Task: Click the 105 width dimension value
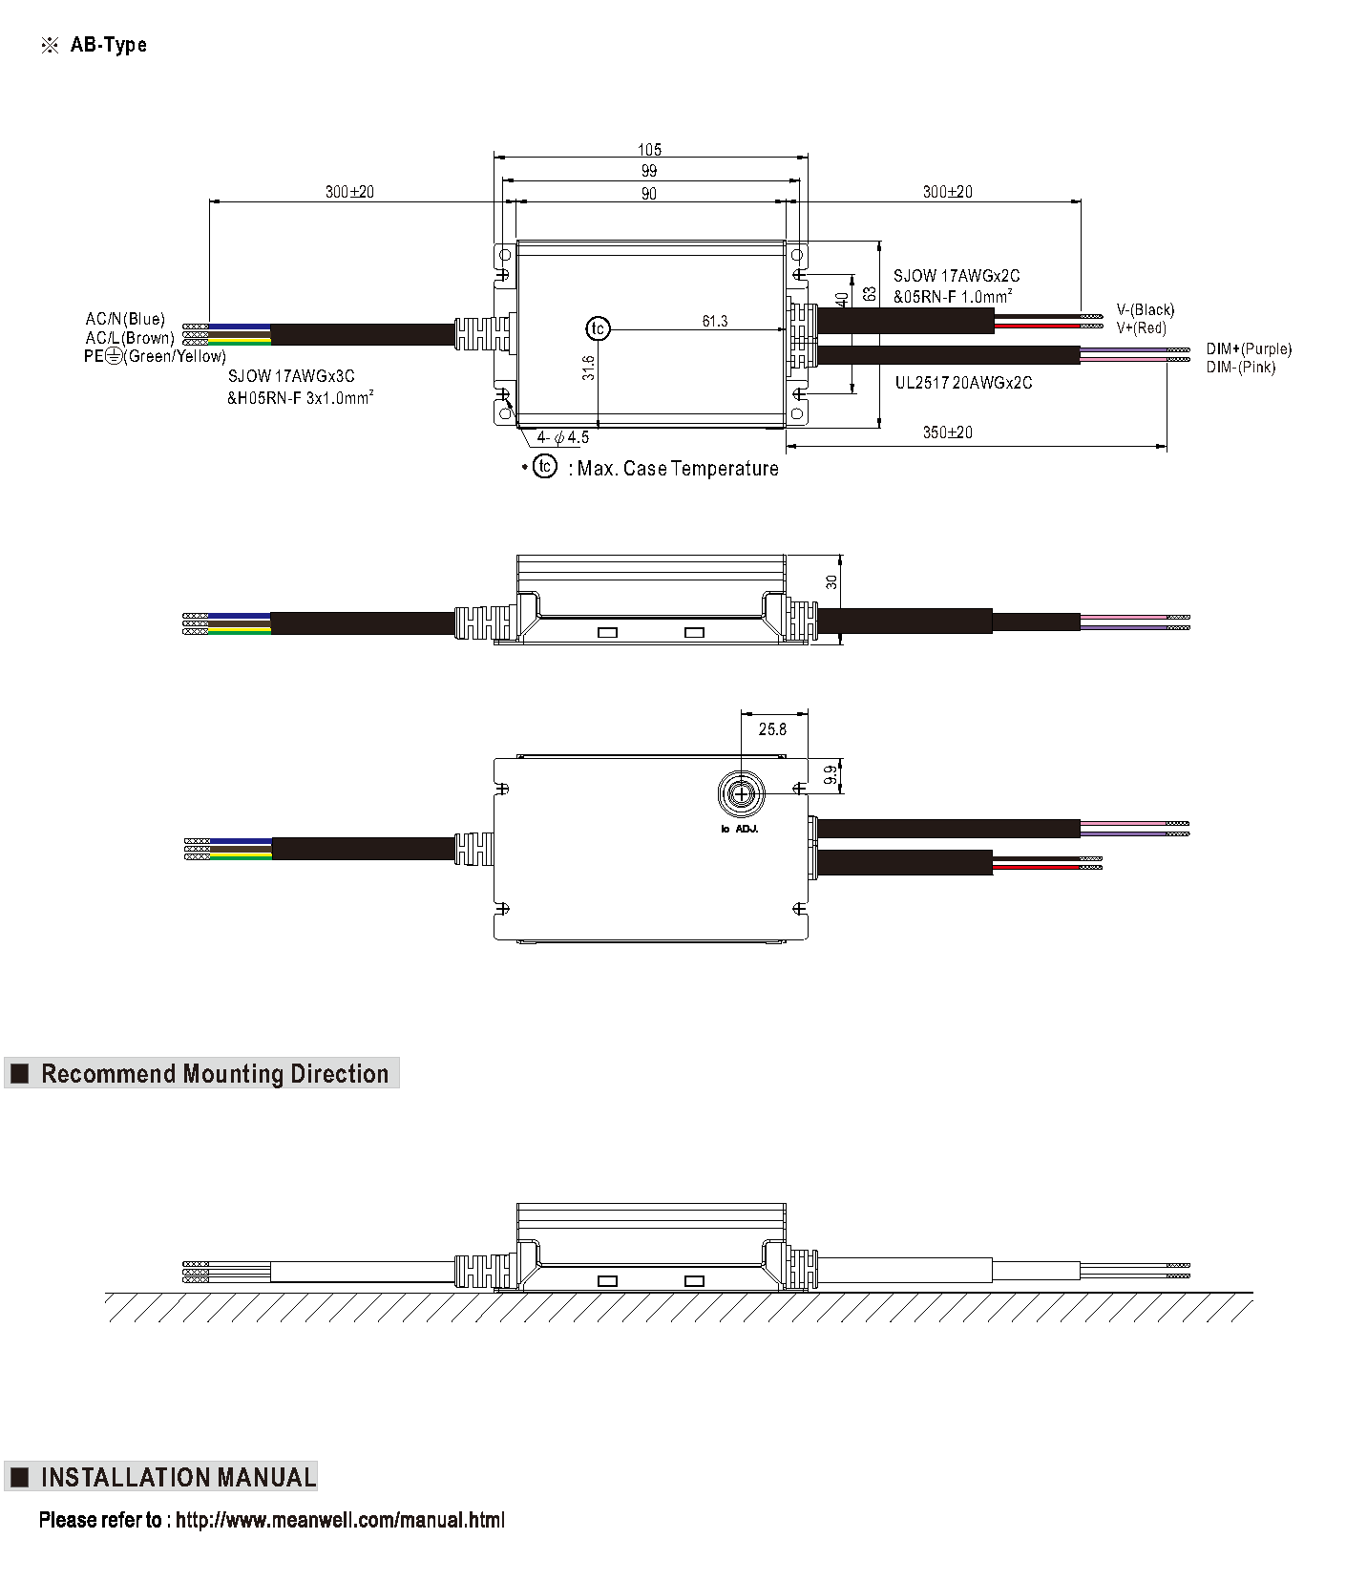point(649,150)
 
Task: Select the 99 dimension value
point(649,171)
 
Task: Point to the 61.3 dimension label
point(715,322)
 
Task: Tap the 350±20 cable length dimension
point(947,432)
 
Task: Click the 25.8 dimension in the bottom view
point(772,729)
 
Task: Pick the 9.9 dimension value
point(831,775)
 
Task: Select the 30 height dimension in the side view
point(831,581)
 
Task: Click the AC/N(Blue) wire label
point(125,319)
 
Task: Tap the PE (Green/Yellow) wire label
point(155,356)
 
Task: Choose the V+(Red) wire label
point(1141,328)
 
